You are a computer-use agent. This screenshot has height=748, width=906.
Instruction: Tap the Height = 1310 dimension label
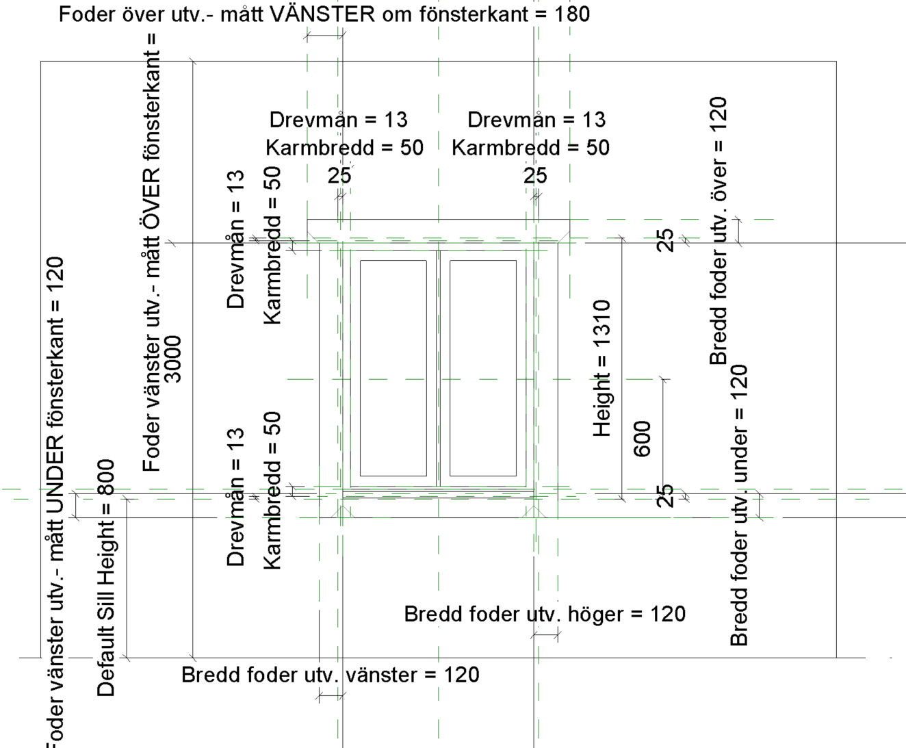pos(601,367)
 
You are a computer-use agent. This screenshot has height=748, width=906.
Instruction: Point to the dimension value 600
pos(643,439)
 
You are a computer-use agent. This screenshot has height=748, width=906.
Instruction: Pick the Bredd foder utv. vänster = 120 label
pos(330,675)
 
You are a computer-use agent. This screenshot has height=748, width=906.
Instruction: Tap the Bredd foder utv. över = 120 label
pos(718,231)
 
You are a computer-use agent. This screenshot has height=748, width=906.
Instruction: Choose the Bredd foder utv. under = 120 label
pos(740,505)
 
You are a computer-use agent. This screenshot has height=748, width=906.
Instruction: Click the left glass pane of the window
pos(393,367)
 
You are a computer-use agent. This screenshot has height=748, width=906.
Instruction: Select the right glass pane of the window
pos(483,367)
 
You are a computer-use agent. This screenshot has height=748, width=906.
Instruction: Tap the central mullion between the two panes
pos(438,367)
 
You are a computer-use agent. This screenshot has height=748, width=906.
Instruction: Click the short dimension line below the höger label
pos(546,635)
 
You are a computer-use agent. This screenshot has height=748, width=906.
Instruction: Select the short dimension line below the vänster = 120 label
pos(332,696)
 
